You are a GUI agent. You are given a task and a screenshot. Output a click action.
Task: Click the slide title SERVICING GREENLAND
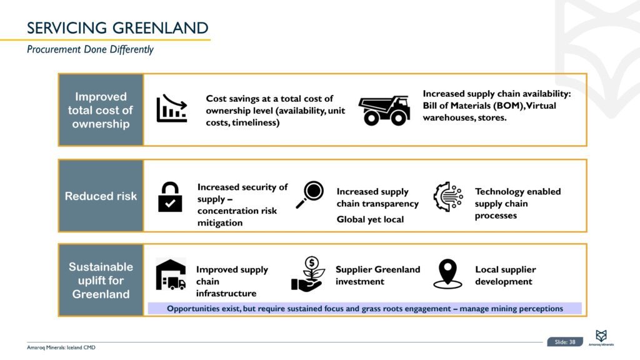coord(117,27)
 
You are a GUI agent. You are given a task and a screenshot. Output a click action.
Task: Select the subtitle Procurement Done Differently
coord(90,49)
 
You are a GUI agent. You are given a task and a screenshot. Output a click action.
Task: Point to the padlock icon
coord(170,197)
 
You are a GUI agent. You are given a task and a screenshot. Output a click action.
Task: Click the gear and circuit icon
coord(447,196)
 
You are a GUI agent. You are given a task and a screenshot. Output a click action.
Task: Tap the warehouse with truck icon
coord(171,275)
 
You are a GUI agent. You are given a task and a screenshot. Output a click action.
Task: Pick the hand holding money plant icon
coord(307,274)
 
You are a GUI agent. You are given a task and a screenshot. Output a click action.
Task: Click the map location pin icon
coord(447,274)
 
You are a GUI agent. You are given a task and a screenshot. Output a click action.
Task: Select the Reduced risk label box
coord(101,196)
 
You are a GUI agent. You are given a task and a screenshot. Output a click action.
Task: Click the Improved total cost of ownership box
coord(101,110)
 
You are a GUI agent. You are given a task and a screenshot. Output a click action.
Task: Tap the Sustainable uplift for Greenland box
coord(101,280)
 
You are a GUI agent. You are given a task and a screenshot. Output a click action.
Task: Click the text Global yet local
coord(370,219)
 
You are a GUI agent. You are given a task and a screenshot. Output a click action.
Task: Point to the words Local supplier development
coord(505,276)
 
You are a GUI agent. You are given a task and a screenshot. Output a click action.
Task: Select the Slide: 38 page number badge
coord(565,342)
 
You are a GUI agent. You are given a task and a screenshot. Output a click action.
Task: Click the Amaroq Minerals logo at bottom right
coord(604,337)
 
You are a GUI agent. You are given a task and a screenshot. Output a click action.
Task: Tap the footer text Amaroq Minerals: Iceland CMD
coord(61,347)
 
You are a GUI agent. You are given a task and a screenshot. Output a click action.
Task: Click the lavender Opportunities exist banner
coord(365,308)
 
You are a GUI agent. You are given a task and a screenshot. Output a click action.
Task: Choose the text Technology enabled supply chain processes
coord(517,203)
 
